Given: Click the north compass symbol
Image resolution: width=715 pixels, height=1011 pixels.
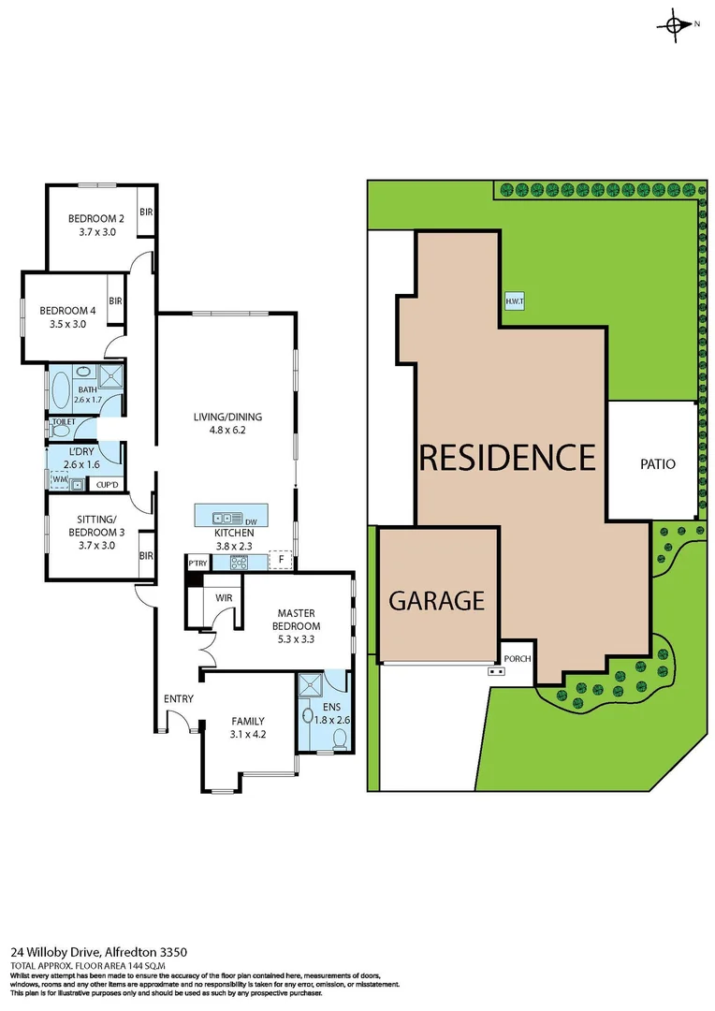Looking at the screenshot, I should (x=676, y=25).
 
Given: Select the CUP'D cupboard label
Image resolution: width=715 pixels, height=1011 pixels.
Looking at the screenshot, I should (x=106, y=484).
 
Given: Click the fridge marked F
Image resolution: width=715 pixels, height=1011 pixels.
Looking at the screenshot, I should (x=280, y=560).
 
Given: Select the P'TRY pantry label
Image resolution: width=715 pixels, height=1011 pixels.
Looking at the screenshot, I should (x=197, y=564).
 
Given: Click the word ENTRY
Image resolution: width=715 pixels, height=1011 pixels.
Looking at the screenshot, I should (x=178, y=699).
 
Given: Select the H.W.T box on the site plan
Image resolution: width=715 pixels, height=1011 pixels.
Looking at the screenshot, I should (x=514, y=301).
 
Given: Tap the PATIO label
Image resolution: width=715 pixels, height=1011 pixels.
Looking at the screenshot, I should (x=657, y=463).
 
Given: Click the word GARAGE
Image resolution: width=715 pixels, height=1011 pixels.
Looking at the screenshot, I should (x=436, y=600).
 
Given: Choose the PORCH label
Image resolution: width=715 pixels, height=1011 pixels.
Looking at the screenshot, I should (x=518, y=659).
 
